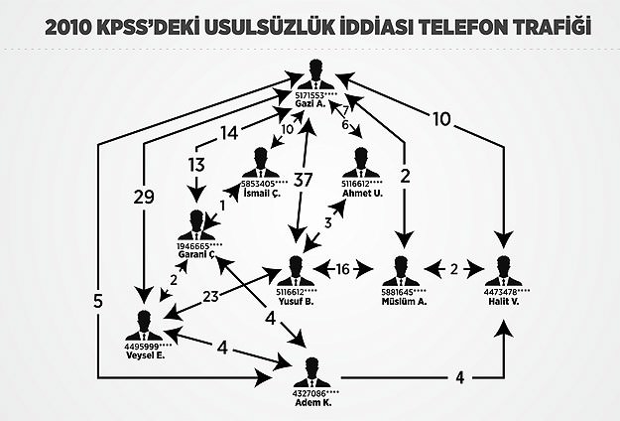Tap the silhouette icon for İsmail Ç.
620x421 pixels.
tap(263, 162)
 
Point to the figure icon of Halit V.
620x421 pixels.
tap(503, 270)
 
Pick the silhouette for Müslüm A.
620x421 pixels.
tap(402, 270)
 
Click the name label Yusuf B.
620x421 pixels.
tap(296, 301)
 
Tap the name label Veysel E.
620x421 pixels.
tap(146, 355)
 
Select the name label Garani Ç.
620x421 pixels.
tap(196, 254)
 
